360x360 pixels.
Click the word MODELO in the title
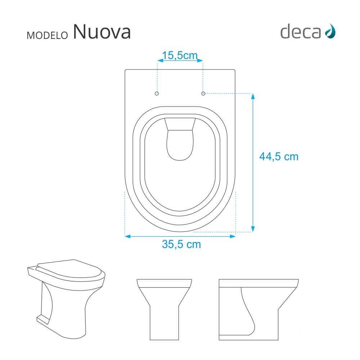tap(47, 35)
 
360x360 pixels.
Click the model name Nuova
tap(102, 32)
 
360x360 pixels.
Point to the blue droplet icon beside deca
tap(330, 31)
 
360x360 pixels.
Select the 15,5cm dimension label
tap(180, 55)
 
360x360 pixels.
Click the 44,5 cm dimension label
tap(279, 157)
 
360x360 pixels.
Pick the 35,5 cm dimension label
tap(181, 244)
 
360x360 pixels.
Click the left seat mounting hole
tap(157, 94)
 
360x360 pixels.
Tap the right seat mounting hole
tap(203, 94)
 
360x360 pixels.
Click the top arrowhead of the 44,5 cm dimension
tap(253, 96)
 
